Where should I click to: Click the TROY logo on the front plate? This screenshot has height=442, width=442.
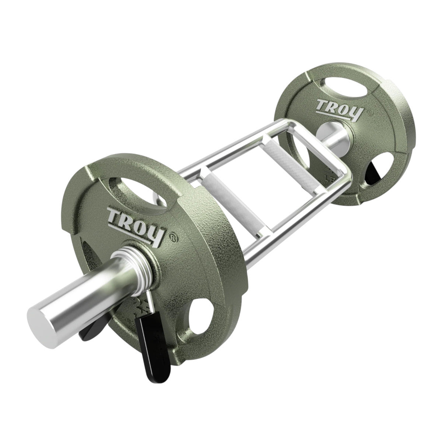(x=134, y=225)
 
